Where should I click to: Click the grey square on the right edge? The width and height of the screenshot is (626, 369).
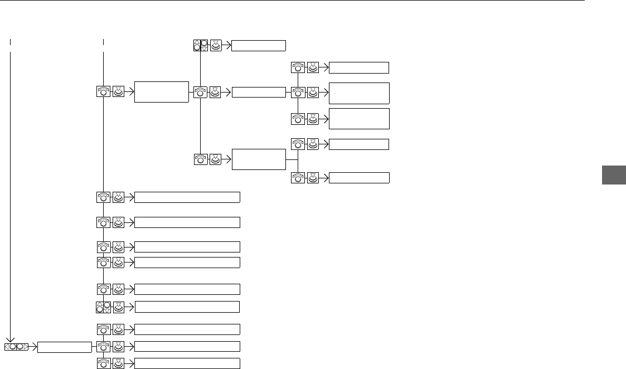point(614,175)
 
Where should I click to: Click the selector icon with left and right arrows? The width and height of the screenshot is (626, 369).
point(17,347)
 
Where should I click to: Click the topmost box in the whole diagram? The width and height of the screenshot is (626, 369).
point(259,46)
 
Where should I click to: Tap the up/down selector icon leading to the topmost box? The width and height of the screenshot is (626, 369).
point(200,46)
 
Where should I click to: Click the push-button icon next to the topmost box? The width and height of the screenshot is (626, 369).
point(215,46)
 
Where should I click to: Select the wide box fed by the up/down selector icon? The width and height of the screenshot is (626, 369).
point(187,307)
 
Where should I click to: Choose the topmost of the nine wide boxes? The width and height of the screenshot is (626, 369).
point(187,197)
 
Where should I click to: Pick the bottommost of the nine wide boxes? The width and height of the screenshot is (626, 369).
point(187,363)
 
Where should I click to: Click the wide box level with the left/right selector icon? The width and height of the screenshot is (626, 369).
point(187,347)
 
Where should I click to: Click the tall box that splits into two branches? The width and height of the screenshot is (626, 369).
point(259,160)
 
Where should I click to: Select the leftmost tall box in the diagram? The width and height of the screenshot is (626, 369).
point(161,91)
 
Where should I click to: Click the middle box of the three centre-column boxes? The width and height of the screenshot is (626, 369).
point(259,92)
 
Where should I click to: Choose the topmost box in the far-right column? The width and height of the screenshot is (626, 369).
point(359,68)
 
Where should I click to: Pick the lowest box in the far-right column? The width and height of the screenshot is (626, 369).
point(359,178)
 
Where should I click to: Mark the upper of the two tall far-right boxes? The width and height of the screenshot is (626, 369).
point(359,93)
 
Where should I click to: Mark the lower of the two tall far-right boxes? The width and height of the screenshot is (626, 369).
point(359,119)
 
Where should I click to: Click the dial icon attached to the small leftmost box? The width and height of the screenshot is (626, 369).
point(103,347)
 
